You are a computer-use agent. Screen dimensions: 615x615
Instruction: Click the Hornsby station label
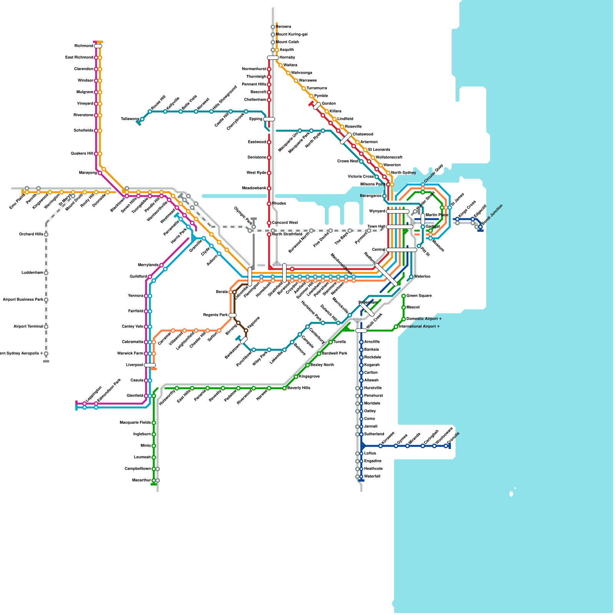(x=287, y=58)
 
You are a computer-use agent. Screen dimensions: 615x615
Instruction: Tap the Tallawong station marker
(x=142, y=119)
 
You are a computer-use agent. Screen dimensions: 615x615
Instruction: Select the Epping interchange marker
(x=269, y=119)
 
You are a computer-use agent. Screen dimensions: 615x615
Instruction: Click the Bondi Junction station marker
(x=480, y=227)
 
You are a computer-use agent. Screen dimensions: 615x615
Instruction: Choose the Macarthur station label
(x=141, y=480)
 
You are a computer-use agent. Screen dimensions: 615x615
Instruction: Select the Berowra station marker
(x=273, y=27)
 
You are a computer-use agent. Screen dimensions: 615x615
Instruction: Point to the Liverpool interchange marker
(x=150, y=365)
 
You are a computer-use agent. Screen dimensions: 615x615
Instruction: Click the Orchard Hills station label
(x=31, y=234)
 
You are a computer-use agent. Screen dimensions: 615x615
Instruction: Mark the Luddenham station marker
(x=46, y=273)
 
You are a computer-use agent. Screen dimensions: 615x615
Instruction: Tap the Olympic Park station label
(x=243, y=216)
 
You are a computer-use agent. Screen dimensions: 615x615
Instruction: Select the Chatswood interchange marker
(x=346, y=138)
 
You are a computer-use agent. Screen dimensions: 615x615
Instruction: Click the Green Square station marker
(x=404, y=296)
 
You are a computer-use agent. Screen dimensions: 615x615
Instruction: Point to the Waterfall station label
(x=372, y=477)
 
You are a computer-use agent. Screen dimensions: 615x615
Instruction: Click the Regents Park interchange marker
(x=233, y=315)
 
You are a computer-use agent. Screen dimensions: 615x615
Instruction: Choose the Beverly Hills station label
(x=299, y=388)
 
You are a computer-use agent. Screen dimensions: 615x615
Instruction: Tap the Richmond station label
(x=83, y=46)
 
